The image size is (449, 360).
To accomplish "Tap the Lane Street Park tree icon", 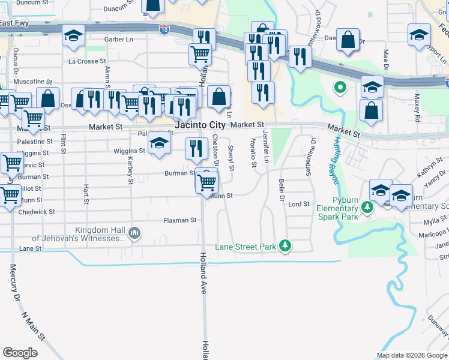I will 286,245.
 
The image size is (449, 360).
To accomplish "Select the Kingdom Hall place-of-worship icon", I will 134,233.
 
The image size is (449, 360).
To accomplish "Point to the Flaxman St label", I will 180,221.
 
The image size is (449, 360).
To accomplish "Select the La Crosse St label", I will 87,61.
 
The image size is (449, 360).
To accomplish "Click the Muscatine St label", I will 33,82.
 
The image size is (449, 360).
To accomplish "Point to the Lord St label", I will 298,205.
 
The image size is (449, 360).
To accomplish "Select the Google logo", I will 20,353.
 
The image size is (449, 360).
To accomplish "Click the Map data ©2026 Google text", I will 411,355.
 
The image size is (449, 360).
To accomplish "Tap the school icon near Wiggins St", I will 159,145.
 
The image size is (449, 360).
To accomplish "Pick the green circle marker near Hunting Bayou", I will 340,88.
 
